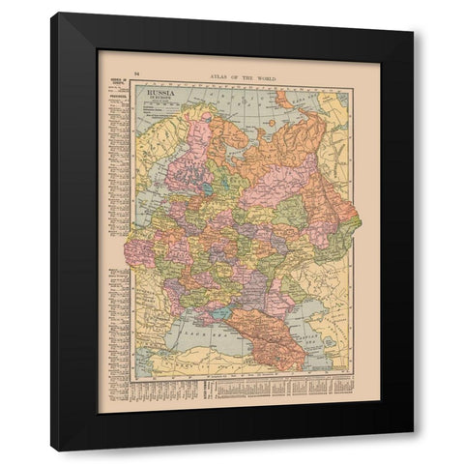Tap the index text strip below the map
(242, 391)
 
